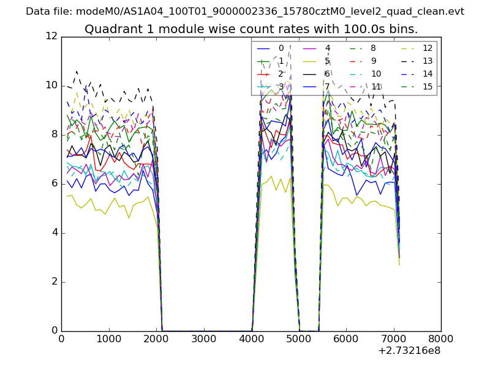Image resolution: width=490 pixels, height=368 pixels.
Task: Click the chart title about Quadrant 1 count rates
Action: coord(251,29)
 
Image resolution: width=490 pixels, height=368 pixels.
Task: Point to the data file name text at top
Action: coord(245,12)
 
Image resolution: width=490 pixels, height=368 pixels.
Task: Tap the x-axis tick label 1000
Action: coord(108,339)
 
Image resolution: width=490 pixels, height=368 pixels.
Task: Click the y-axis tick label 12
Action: coord(51,37)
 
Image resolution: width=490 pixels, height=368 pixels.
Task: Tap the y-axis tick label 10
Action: coord(51,86)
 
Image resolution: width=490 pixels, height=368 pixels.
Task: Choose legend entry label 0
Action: coord(281,48)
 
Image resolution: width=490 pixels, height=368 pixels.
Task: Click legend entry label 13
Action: coord(428,61)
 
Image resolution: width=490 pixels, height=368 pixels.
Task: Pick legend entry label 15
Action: coord(428,87)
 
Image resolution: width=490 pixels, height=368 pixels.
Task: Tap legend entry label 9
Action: coord(374,61)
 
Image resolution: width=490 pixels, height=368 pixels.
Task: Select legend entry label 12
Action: coord(428,48)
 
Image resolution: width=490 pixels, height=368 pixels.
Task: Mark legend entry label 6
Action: coord(328,74)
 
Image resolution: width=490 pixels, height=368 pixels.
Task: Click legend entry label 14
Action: coord(428,74)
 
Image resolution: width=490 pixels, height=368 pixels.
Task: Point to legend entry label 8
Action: coord(374,48)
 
